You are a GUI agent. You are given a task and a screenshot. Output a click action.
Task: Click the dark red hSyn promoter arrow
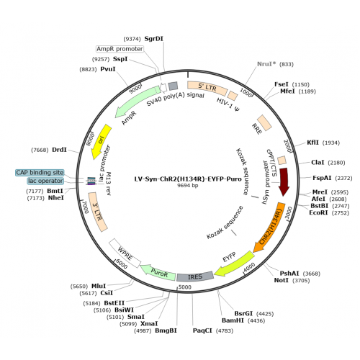tap(284, 181)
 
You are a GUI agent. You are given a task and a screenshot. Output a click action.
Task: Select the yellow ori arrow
tap(100, 142)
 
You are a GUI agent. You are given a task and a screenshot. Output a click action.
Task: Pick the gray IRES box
tap(195, 276)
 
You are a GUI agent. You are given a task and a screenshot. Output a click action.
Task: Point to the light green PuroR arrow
tap(158, 272)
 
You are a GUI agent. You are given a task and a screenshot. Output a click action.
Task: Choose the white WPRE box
tap(125, 253)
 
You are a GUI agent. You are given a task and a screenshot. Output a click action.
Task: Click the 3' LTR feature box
tap(98, 212)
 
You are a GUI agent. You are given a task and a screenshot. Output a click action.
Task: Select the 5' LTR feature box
tap(207, 88)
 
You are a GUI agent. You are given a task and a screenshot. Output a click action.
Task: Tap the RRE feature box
tap(264, 122)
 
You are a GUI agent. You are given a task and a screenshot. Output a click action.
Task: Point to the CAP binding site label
tap(40, 173)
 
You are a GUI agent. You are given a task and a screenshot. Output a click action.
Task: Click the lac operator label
tap(45, 181)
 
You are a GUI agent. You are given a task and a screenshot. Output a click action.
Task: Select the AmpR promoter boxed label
tap(120, 49)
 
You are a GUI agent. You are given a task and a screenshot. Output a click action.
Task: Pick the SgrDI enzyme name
tap(154, 39)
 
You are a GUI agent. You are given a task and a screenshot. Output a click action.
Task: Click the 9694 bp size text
tap(188, 186)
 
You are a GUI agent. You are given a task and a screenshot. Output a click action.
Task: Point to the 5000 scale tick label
tap(185, 287)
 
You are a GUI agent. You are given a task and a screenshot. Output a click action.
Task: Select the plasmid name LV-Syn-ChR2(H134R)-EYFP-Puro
tap(188, 179)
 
